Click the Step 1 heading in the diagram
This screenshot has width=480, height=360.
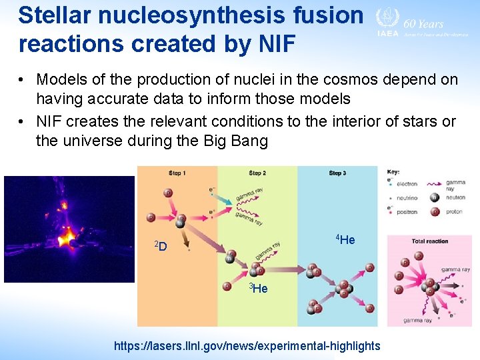pos(177,173)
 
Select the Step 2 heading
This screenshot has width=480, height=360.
pos(257,173)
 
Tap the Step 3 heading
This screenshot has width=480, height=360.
pos(337,173)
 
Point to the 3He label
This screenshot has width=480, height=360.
pos(258,288)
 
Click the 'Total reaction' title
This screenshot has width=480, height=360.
pos(429,241)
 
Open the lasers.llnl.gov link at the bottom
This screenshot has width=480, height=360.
pos(247,345)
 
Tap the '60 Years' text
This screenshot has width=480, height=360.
pos(424,23)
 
